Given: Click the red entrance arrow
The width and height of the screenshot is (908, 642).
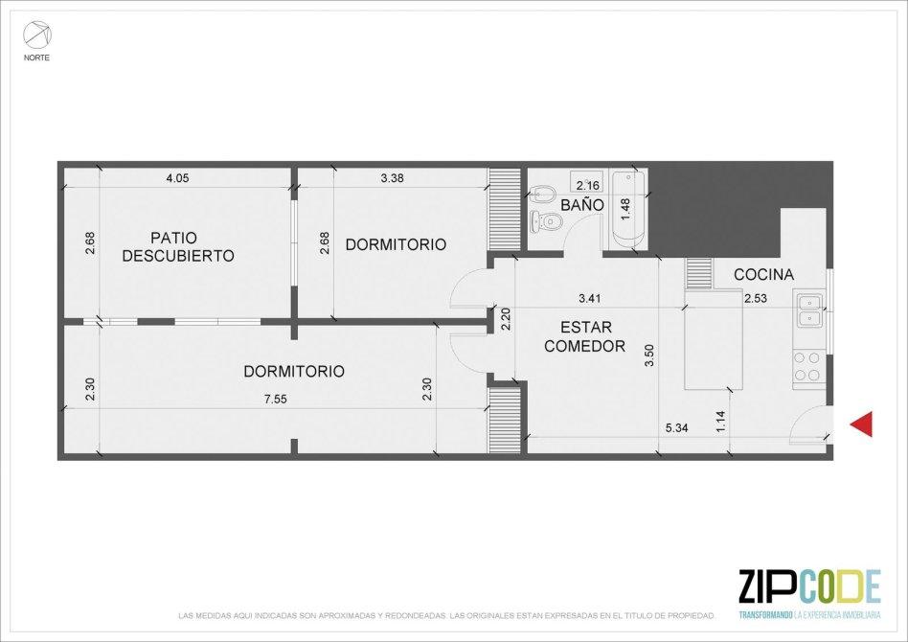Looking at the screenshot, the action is [861, 424].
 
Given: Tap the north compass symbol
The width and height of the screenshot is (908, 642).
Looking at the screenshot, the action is [36, 35].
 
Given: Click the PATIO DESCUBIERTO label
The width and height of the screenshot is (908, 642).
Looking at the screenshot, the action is [178, 247].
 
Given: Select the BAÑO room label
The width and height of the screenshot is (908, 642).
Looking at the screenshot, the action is [582, 205].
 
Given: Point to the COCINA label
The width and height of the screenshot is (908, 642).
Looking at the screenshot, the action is [763, 275].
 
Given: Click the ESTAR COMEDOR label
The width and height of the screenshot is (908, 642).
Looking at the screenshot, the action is [585, 336].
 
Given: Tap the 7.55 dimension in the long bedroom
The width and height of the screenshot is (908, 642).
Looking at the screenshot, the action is [276, 400].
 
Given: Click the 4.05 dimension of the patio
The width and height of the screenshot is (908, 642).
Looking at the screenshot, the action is [177, 178].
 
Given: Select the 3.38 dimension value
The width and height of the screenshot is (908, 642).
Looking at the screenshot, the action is [392, 178].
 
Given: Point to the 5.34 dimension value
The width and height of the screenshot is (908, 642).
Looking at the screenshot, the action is [676, 428].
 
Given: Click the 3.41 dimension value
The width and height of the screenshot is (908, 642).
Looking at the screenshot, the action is [589, 299].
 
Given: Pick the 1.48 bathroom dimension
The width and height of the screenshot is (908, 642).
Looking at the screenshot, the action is [624, 209].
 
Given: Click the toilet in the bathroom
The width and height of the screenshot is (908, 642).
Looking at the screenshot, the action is [547, 220].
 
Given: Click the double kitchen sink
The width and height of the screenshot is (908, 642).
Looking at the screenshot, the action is [809, 311].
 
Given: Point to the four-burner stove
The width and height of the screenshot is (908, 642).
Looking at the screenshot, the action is [808, 367].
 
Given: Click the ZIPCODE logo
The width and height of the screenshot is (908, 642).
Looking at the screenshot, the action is [809, 591].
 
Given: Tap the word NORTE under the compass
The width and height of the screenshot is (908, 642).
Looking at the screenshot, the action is [36, 57].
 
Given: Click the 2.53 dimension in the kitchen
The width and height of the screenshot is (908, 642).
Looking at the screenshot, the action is [756, 299].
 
